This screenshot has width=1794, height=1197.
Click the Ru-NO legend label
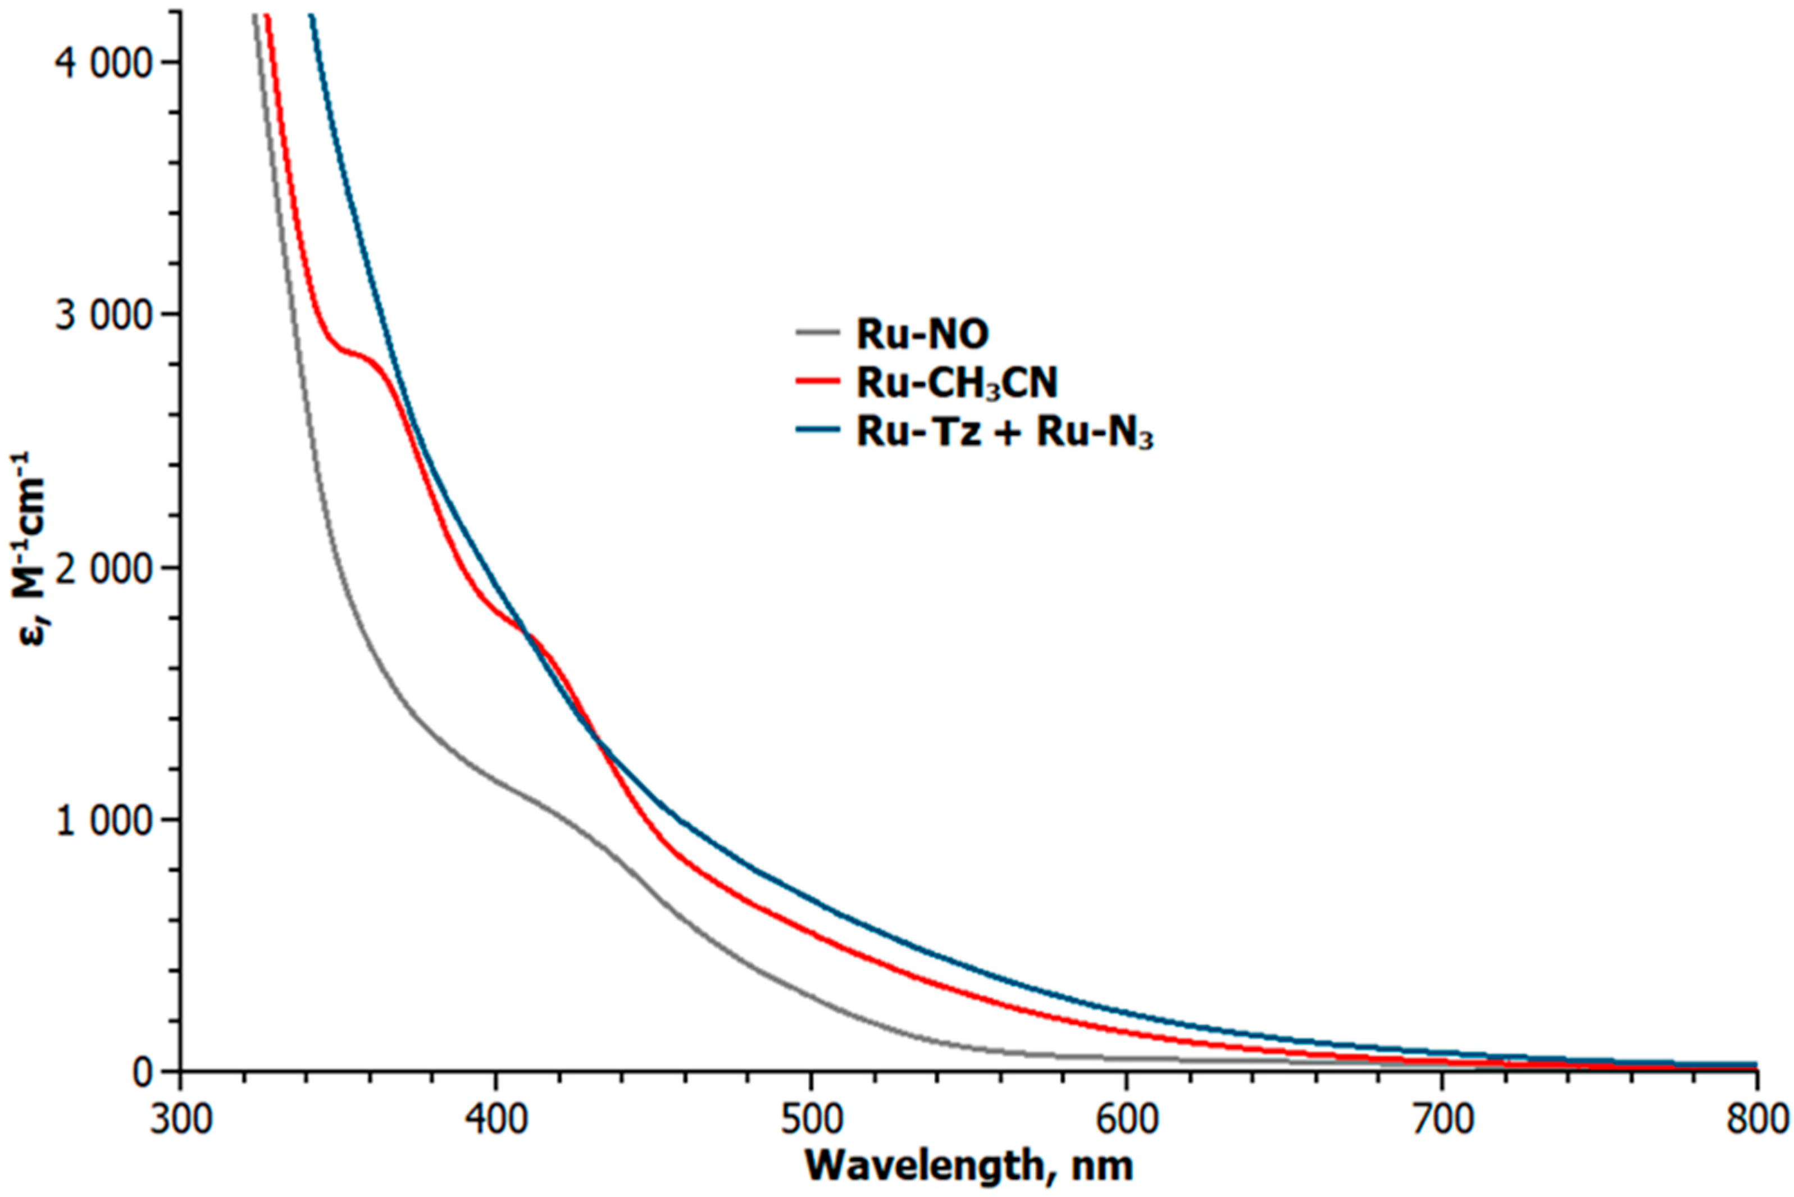tap(922, 334)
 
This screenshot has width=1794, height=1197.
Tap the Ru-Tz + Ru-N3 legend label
tap(1005, 434)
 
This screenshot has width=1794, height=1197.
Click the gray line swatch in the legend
tap(818, 333)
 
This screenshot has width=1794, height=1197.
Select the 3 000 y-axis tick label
tap(104, 315)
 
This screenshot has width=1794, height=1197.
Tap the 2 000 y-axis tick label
tap(104, 567)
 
